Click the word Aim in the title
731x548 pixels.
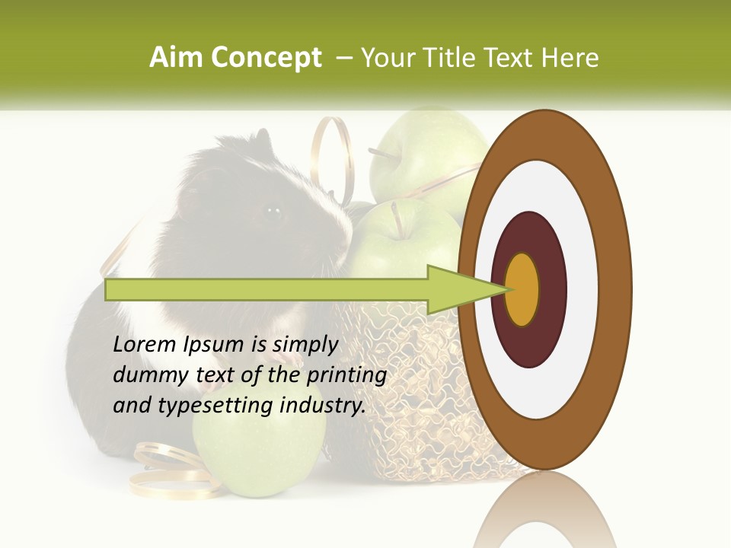point(177,58)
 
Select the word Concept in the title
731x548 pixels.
point(267,59)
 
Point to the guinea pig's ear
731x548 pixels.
point(261,141)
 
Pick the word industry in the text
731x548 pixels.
point(321,406)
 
